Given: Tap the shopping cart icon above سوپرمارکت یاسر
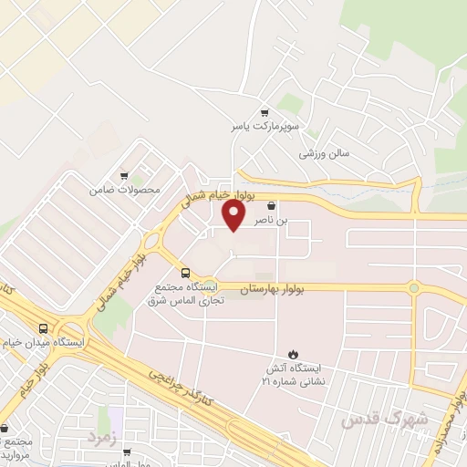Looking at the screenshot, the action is [265, 112].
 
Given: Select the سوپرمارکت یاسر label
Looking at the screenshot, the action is [265, 129].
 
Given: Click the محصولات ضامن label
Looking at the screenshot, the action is [125, 190].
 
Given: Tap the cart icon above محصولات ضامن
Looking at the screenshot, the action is [124, 175].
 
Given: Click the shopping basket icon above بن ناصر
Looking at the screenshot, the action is [271, 206].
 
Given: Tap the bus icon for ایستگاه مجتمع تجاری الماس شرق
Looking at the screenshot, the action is [186, 273].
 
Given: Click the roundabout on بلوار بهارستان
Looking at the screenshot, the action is [413, 288].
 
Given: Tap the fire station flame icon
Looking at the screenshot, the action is [293, 354].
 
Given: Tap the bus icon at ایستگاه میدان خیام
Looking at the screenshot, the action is [43, 328].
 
